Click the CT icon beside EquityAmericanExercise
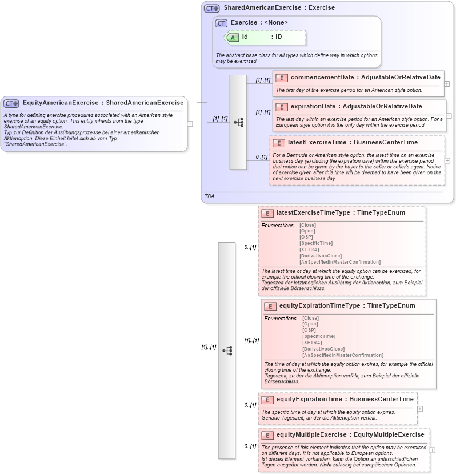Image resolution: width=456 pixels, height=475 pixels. (x=11, y=103)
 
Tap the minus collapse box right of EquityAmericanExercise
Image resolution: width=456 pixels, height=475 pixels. (x=190, y=123)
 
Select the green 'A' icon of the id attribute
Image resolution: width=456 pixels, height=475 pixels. (x=233, y=37)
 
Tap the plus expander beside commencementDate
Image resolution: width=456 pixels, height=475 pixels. (x=447, y=84)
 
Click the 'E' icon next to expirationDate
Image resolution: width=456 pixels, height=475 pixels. (x=281, y=107)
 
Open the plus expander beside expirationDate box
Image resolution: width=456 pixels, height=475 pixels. (x=449, y=116)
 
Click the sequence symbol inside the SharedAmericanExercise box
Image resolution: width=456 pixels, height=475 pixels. (x=238, y=122)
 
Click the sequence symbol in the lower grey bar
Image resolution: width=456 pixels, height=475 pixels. (x=227, y=351)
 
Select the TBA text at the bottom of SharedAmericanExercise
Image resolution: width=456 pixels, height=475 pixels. (x=209, y=196)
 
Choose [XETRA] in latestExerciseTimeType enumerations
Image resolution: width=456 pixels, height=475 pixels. (x=309, y=249)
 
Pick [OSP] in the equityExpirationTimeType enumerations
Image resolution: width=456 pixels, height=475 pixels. (x=309, y=330)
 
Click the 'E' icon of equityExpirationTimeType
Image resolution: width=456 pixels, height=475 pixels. (x=270, y=306)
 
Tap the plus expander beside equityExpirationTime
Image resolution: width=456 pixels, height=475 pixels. (x=420, y=408)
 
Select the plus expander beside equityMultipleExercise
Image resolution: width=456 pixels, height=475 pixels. (x=432, y=450)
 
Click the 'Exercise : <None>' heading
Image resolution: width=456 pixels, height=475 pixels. (x=259, y=23)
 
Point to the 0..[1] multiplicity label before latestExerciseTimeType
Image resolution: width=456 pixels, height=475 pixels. (x=250, y=247)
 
